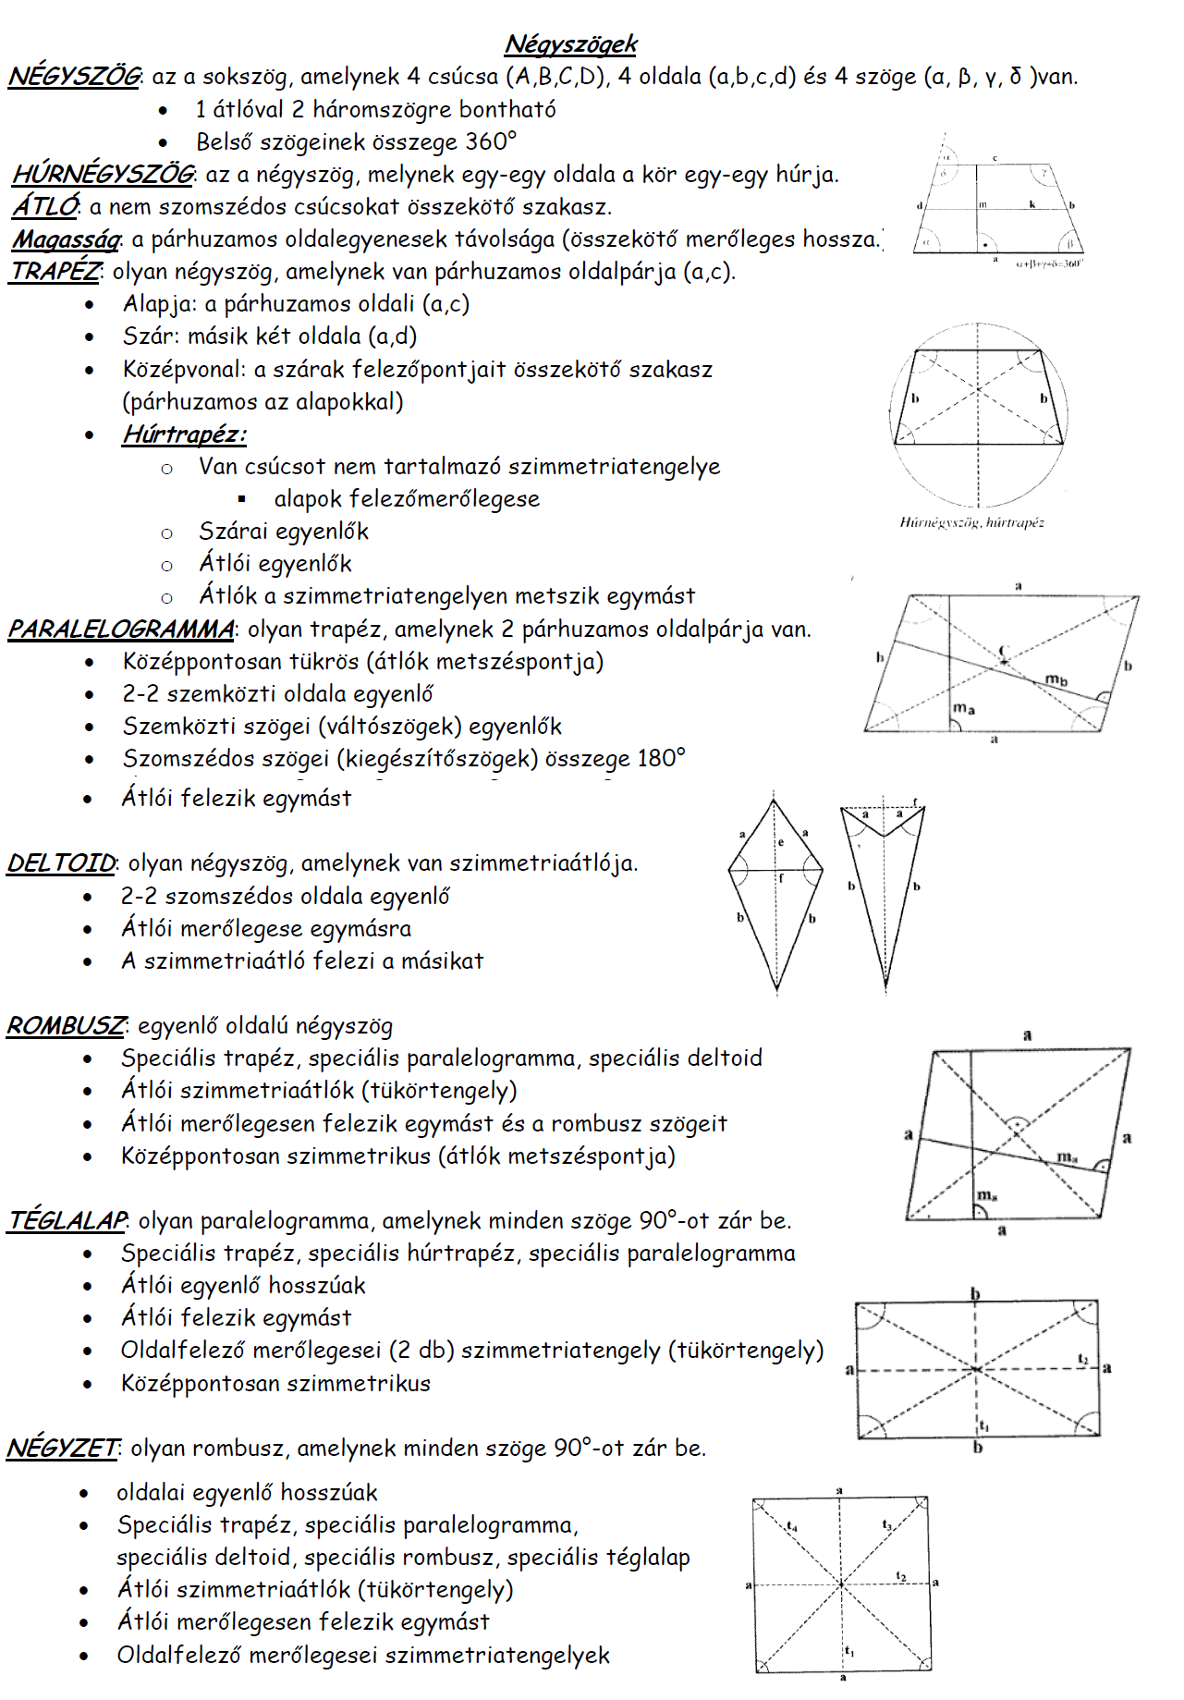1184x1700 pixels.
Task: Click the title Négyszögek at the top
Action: [570, 43]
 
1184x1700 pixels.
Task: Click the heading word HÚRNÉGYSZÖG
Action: [103, 174]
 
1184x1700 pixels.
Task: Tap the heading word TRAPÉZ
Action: [55, 272]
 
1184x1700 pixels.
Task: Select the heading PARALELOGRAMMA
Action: [121, 630]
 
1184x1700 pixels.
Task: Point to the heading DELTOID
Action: [61, 863]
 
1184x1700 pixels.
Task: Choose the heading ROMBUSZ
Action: [66, 1026]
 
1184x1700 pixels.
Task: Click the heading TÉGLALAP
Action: [67, 1221]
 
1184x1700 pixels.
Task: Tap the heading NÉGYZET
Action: [62, 1449]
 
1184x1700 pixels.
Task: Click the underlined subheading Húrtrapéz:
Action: [184, 434]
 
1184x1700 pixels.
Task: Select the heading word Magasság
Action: [66, 239]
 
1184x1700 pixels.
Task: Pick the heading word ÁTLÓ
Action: [44, 206]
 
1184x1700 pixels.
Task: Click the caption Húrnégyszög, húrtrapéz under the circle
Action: [971, 522]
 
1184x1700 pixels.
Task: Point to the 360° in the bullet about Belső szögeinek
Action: [491, 141]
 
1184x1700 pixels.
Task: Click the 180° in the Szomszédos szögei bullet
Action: [661, 759]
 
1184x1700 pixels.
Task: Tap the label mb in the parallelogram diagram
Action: [1056, 680]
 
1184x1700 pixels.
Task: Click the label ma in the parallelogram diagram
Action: [964, 708]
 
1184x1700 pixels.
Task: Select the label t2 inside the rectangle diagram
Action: [1082, 1359]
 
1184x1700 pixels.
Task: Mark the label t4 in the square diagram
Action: [792, 1526]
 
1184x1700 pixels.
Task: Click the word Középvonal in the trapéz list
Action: [184, 370]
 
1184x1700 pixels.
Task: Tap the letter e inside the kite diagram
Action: [781, 842]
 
